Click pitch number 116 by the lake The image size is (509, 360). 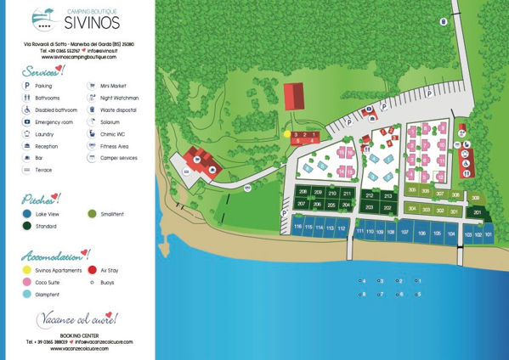[297, 228]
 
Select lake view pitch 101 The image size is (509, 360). [489, 233]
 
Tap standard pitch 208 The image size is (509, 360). [303, 192]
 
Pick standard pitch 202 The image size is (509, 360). [387, 206]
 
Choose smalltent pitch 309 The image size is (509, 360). [475, 197]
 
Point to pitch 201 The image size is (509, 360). [478, 212]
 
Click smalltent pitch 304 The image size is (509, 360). [412, 208]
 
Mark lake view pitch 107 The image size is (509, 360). [404, 232]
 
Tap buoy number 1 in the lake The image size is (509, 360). [416, 280]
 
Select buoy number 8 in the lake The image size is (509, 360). [362, 294]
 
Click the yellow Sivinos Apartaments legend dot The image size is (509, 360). [28, 270]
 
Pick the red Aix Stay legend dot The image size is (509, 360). [92, 270]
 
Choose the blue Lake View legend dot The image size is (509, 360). [28, 214]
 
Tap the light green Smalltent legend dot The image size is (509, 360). [92, 214]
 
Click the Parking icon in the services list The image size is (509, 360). [27, 86]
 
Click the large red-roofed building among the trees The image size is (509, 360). [292, 95]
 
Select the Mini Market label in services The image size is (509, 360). [115, 86]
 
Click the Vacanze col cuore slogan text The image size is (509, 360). [76, 319]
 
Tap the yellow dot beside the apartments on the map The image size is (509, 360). [286, 134]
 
